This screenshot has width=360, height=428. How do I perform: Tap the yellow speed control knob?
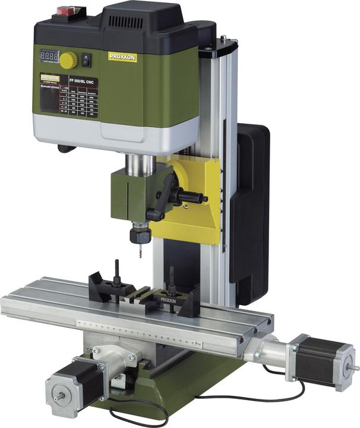click(68, 59)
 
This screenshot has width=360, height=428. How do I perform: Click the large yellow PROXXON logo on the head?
click(122, 56)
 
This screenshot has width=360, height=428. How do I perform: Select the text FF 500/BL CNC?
click(83, 81)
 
